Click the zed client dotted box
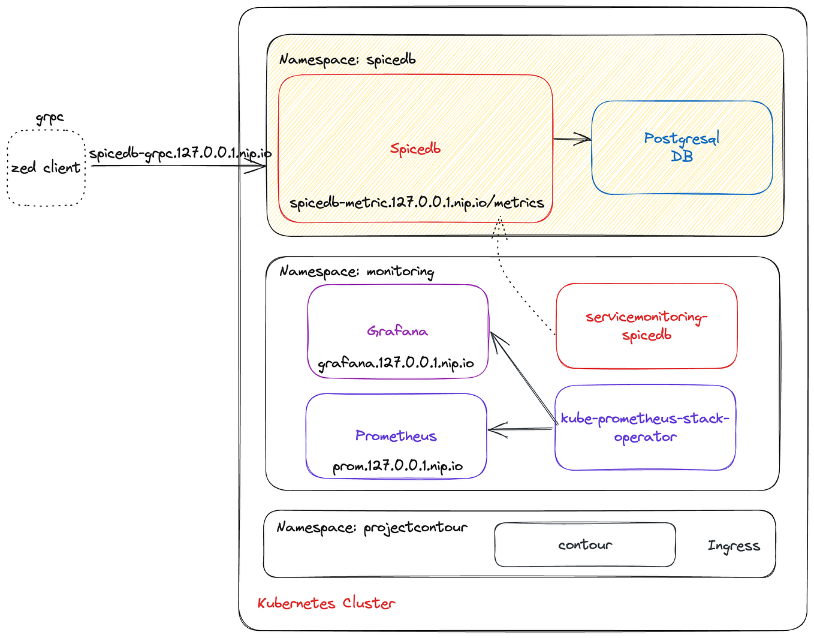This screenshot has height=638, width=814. point(46,168)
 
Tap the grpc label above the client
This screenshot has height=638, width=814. point(50,118)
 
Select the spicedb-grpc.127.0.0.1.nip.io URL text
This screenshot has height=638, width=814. point(180,154)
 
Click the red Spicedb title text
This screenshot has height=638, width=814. point(415,149)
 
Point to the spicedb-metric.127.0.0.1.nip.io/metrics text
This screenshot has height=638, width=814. point(417,203)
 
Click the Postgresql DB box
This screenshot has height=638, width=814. point(682,148)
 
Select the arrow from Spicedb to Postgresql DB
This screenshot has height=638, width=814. point(572,140)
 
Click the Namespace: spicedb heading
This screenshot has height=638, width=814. point(347,60)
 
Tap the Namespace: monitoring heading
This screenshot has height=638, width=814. point(357,272)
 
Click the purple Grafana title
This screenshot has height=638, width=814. point(397,331)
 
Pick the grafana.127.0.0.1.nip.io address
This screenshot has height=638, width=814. point(396,363)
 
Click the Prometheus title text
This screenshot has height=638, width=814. point(396,436)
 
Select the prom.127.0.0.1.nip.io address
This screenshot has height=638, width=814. point(397,466)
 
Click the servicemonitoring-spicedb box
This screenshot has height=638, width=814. point(646,326)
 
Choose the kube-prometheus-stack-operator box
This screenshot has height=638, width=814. point(645,428)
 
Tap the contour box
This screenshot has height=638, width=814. point(585,544)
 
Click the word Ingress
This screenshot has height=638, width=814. point(734,546)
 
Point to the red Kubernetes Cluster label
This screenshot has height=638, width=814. point(326,603)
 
